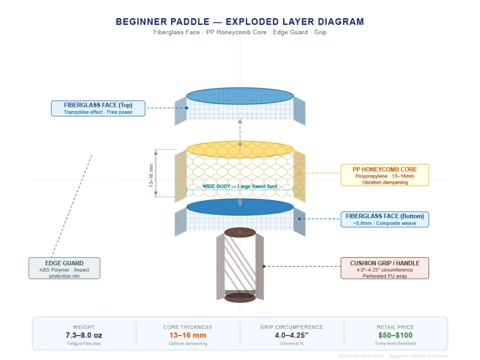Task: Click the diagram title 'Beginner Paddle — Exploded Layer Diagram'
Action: pos(240,22)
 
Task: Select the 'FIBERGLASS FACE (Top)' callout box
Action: pos(98,108)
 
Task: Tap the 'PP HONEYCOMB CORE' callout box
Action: pos(384,175)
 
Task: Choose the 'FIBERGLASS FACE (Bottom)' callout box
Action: pos(384,219)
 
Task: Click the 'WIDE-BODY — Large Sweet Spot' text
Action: pos(240,187)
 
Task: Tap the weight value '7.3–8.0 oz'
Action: pos(84,335)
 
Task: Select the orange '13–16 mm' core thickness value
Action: pos(187,335)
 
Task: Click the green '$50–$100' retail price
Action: pos(395,335)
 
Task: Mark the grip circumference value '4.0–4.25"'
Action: pos(292,335)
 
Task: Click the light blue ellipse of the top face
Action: pos(240,96)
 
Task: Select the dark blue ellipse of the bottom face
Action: pos(240,207)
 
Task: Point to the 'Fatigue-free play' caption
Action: pos(84,344)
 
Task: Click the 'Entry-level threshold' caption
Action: pos(395,344)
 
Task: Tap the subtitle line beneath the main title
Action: pos(240,32)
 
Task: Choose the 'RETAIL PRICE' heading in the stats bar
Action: pos(395,327)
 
